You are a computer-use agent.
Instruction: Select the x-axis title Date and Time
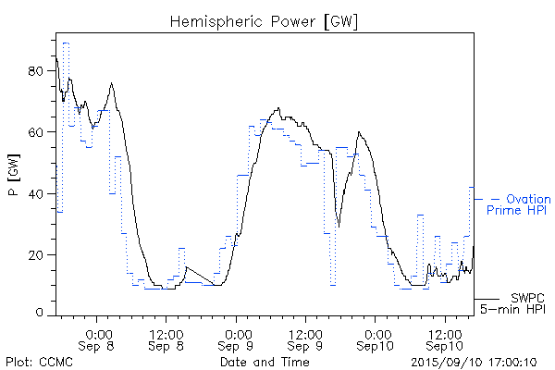[265, 362]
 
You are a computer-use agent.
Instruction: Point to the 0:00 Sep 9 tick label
[237, 339]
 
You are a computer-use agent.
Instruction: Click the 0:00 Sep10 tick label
[376, 339]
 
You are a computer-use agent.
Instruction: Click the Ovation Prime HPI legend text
[519, 205]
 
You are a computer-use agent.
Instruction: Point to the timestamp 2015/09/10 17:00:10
[473, 362]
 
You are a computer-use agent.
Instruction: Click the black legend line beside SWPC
[487, 300]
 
